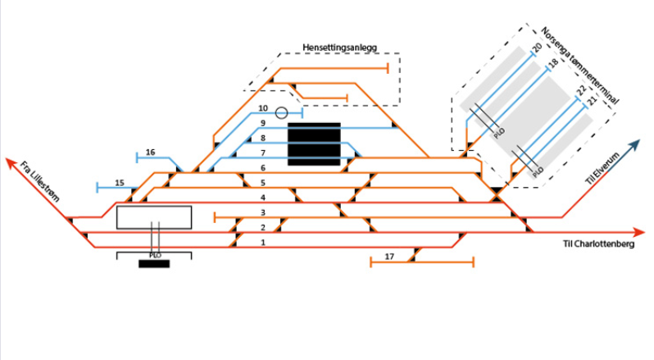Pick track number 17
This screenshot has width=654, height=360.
click(389, 257)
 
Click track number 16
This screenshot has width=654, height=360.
click(150, 152)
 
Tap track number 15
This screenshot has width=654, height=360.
click(120, 182)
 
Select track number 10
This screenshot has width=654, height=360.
click(263, 108)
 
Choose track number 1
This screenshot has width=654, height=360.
click(263, 243)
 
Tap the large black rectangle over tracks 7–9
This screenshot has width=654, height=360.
click(314, 144)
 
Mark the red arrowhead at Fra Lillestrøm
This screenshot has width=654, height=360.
click(10, 162)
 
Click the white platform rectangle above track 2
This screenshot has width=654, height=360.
click(154, 217)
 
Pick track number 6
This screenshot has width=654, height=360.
click(263, 167)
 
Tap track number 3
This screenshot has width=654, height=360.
click(263, 212)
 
